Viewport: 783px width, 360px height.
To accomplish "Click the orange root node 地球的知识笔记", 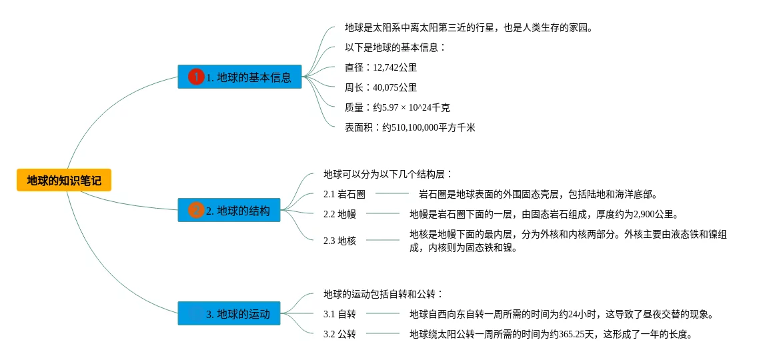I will (x=64, y=180).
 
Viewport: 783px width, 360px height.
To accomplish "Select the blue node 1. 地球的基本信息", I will (x=239, y=77).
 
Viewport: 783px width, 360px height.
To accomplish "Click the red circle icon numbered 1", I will (x=196, y=77).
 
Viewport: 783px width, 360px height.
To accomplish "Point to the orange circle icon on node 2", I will (x=196, y=211).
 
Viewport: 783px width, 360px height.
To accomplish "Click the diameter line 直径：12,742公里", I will (x=380, y=67).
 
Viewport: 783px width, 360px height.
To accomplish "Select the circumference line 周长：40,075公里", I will (x=380, y=87).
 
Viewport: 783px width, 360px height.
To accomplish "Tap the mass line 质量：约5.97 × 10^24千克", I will (x=397, y=107).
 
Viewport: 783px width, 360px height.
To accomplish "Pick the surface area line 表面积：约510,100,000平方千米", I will (x=410, y=127).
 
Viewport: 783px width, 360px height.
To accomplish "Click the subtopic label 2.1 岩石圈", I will (x=344, y=195).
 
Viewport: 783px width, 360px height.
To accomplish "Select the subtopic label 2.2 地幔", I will (x=339, y=215).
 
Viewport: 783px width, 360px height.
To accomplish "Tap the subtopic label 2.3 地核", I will (x=339, y=241).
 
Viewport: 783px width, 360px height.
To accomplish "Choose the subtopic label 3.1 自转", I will (x=339, y=314).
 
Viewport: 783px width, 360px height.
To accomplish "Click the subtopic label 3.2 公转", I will (x=339, y=334).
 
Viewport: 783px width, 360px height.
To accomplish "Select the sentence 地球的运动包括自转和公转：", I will (x=383, y=294).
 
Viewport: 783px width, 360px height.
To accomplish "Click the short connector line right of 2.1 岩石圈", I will (x=391, y=194).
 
